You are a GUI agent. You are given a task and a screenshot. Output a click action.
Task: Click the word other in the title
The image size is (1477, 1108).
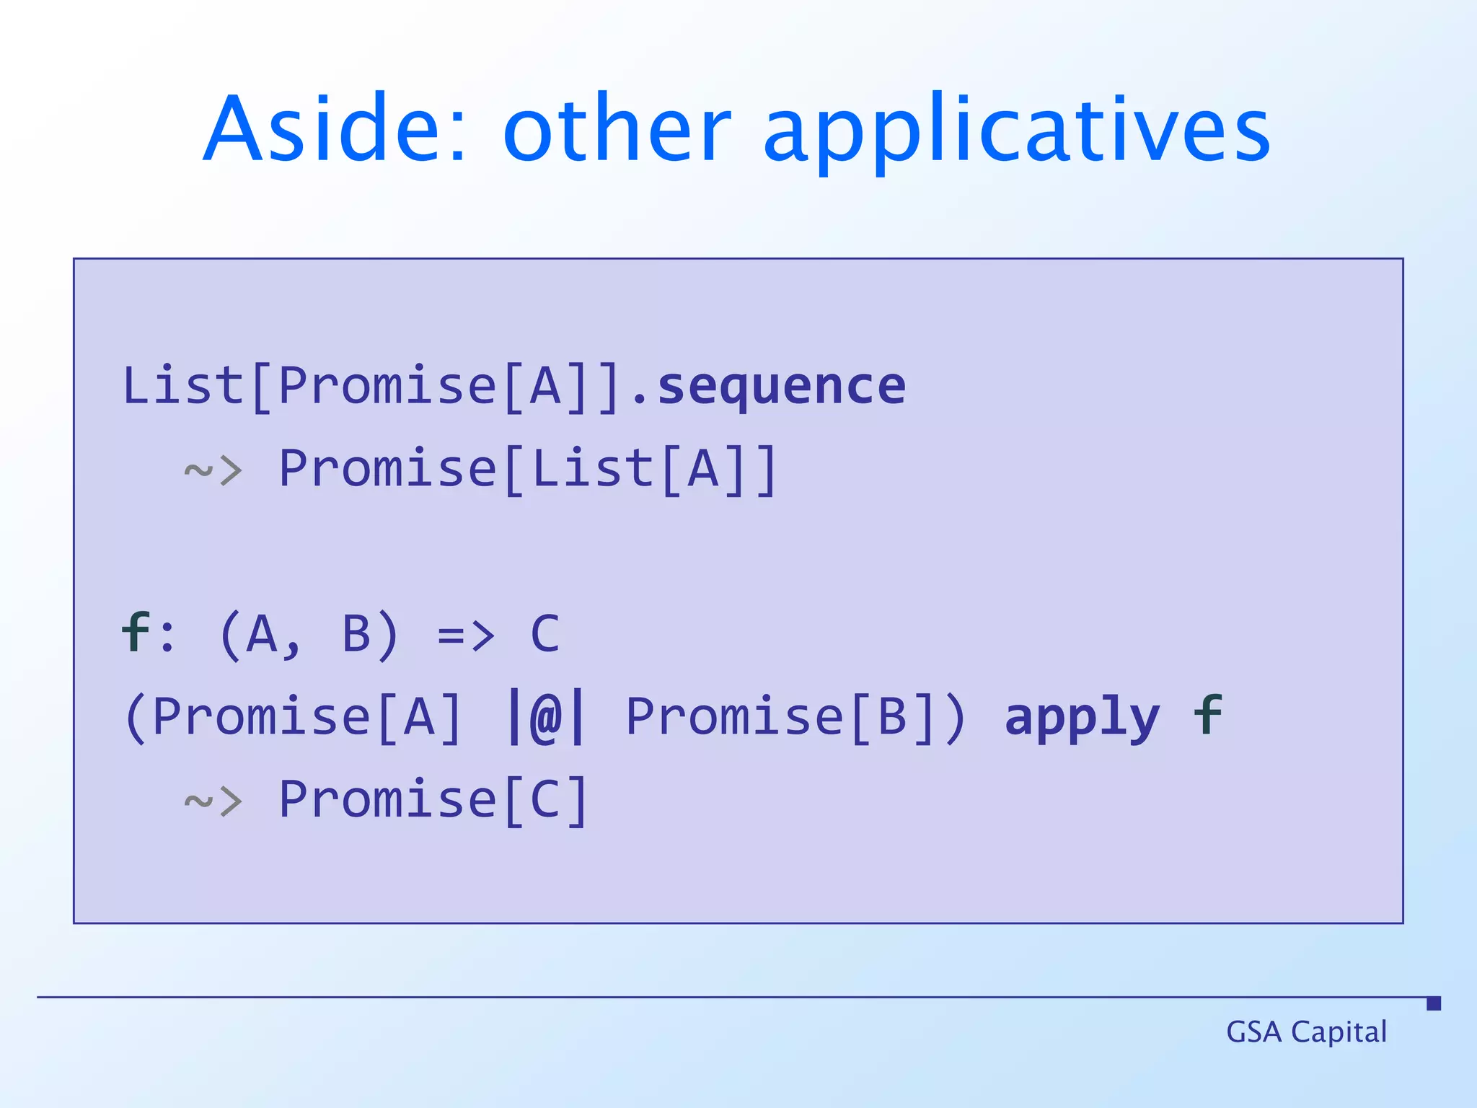tap(617, 130)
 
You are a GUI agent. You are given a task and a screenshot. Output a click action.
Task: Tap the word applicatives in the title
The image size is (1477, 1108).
tap(1017, 133)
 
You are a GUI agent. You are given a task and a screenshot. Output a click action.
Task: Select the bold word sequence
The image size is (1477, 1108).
tap(782, 387)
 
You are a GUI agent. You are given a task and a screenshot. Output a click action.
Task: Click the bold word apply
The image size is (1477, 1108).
tap(1082, 718)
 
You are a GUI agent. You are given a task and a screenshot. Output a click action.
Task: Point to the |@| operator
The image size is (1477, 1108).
tap(546, 717)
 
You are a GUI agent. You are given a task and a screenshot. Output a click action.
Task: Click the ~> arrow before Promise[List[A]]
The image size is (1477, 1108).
tap(213, 471)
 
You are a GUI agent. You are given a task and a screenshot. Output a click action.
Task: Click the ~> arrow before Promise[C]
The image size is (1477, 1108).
tap(213, 801)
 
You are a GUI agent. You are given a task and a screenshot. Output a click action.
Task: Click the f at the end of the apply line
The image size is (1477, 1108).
tap(1208, 716)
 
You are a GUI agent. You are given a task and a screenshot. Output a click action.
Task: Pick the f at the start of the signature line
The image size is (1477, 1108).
tap(136, 633)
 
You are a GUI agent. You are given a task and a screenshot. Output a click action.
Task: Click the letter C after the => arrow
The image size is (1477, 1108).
tap(545, 635)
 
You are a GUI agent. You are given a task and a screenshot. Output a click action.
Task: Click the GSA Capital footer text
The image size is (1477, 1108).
tap(1306, 1032)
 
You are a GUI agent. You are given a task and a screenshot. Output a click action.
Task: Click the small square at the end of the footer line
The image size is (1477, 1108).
tap(1434, 1003)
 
